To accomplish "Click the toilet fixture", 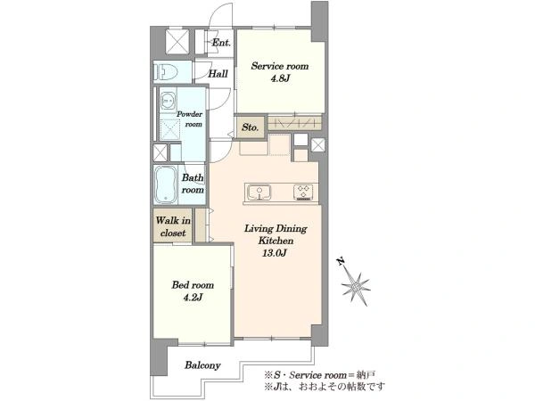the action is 167,71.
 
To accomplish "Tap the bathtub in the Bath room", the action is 166,185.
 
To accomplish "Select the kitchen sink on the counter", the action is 259,192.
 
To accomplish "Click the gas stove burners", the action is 303,192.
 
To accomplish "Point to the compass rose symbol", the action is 356,286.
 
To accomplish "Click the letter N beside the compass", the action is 341,261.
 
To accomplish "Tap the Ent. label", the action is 221,43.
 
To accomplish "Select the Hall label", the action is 218,74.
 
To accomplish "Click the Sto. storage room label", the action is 250,127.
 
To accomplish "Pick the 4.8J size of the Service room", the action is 280,78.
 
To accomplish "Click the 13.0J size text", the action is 274,253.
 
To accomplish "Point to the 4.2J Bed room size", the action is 193,298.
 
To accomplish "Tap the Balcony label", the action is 202,365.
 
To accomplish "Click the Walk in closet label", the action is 173,226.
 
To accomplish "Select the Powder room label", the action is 189,119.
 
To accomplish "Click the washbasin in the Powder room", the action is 168,101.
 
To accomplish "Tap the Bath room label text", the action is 193,184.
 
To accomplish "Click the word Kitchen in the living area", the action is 276,241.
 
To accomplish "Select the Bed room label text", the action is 193,285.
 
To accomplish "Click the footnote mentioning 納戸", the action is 320,375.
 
